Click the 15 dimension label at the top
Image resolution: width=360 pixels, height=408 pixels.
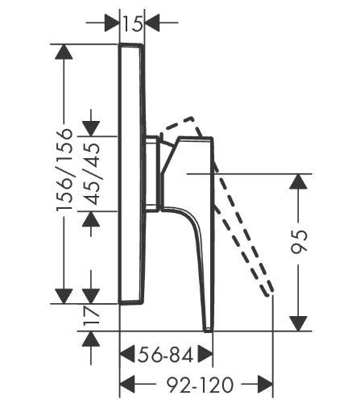(132, 23)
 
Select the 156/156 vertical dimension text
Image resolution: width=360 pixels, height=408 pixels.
(64, 169)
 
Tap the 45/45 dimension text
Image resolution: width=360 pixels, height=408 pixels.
(91, 174)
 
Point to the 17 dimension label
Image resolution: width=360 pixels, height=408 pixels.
(91, 315)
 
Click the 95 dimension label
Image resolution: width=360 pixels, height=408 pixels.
(299, 242)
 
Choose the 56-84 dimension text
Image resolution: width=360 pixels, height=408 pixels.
(165, 355)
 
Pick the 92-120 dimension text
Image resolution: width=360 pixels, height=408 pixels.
(200, 385)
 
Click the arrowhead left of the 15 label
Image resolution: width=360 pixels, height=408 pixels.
(112, 23)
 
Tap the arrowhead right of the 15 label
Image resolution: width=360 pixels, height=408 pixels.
(152, 23)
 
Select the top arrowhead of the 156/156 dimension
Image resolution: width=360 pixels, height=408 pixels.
(64, 52)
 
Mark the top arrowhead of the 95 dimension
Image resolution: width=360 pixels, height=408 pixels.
(298, 182)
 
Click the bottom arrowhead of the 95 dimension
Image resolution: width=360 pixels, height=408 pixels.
(298, 323)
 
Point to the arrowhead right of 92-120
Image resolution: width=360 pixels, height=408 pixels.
(265, 384)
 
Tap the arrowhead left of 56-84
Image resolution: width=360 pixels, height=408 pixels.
(127, 354)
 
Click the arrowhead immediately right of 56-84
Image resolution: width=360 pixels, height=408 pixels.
(205, 354)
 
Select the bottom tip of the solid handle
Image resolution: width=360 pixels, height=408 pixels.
(209, 331)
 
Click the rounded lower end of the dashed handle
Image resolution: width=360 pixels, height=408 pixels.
(270, 293)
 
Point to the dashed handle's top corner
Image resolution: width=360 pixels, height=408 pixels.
(192, 118)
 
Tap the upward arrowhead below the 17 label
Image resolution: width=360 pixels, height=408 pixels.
(91, 339)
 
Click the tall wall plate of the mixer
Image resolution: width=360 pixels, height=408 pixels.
(131, 174)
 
